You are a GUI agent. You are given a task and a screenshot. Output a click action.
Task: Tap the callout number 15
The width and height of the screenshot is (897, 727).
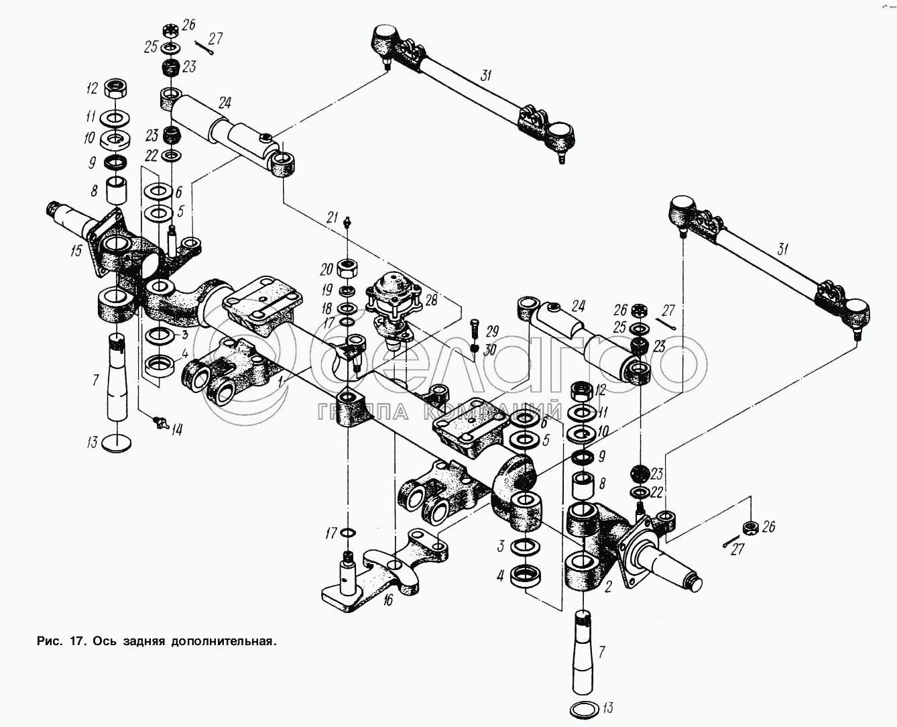76,251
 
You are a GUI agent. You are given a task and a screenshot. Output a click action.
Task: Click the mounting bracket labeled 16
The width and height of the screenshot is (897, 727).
375,570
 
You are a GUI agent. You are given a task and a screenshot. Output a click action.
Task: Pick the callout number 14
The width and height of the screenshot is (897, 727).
176,430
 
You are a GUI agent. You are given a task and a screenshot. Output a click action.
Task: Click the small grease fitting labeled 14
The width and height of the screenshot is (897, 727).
160,421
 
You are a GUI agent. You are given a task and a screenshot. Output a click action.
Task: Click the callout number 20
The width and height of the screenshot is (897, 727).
326,270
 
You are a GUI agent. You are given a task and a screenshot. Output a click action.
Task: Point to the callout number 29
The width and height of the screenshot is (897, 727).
493,332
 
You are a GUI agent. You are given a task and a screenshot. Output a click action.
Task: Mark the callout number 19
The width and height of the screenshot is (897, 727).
327,290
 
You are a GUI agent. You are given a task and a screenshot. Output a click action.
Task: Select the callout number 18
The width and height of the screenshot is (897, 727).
327,307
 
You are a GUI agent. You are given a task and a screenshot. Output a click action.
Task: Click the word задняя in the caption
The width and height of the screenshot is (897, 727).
141,640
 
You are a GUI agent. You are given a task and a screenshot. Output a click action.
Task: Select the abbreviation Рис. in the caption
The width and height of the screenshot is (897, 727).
49,640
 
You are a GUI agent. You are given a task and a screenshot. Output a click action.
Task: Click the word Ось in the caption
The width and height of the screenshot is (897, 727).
102,640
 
